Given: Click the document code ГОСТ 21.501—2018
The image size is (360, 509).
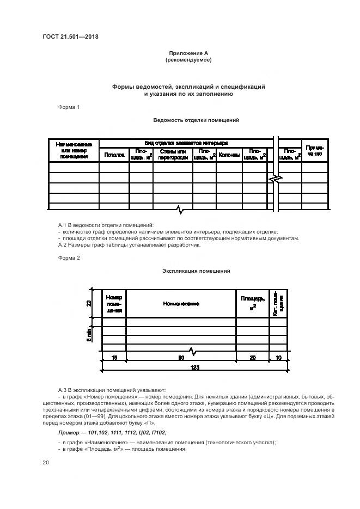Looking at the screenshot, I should [x=66, y=37].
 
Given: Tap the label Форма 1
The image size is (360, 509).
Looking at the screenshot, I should [x=69, y=107].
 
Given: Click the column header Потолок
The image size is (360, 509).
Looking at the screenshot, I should [x=114, y=155].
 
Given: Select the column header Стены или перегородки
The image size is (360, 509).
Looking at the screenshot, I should [x=173, y=155].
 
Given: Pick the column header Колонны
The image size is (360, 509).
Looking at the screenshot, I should [x=229, y=155].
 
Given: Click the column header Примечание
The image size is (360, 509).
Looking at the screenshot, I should [x=314, y=151].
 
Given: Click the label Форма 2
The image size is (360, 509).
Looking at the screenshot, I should [x=69, y=257].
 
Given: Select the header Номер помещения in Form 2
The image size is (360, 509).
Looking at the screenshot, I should [x=114, y=304].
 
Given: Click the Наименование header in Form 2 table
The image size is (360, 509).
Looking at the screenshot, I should [x=181, y=304].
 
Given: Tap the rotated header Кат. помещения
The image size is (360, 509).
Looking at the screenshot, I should [x=278, y=303].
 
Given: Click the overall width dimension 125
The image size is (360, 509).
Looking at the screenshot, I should [x=194, y=367].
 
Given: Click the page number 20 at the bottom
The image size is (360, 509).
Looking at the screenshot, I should [x=46, y=463].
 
